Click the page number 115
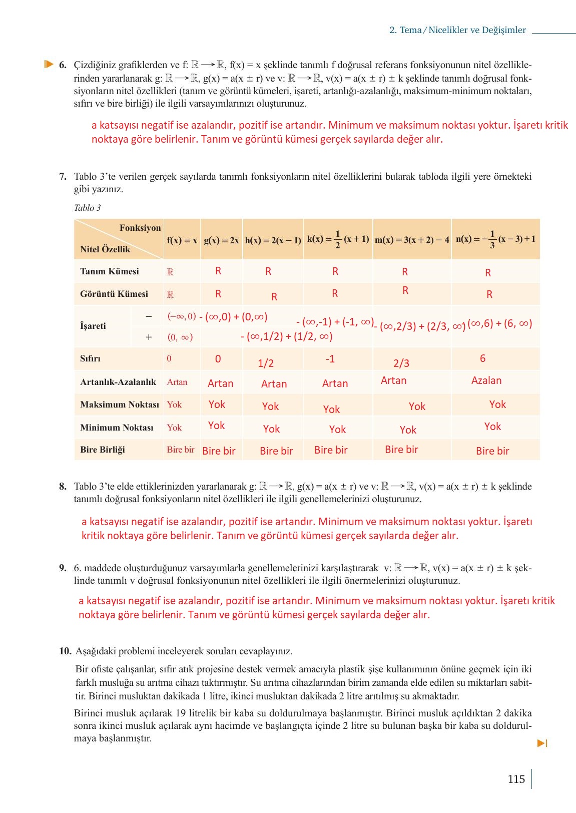516,779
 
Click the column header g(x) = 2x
221,240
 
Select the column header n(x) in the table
495,239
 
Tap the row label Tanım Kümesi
109,271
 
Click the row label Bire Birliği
103,450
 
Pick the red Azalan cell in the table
486,380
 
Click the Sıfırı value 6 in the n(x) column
482,358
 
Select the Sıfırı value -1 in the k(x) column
330,359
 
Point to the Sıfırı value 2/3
401,363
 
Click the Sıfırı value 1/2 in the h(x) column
265,363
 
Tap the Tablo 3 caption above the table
87,208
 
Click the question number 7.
63,176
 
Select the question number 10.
65,651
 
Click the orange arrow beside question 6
49,64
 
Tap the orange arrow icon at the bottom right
542,743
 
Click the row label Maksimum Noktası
119,404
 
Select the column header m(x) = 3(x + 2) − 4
412,240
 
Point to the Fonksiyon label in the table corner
140,228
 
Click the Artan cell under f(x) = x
177,382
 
